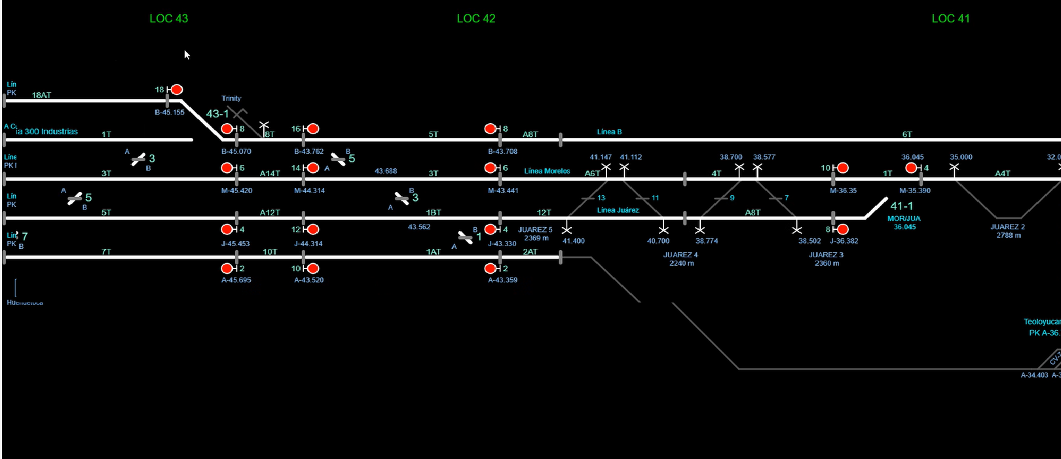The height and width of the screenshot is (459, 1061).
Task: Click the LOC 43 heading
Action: pos(168,18)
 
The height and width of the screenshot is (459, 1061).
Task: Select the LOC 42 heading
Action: pos(476,18)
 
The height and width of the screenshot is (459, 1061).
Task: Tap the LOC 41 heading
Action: pos(950,18)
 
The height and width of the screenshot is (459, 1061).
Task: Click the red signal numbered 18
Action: pos(177,90)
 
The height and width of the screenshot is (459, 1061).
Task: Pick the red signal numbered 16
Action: pos(313,129)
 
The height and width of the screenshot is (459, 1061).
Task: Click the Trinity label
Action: pos(231,98)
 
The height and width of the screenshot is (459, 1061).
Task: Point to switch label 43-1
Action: pos(217,114)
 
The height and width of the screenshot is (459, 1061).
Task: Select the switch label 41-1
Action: pos(901,206)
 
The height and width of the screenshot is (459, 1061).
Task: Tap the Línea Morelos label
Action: pos(547,171)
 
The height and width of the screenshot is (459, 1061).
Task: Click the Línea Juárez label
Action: pos(618,210)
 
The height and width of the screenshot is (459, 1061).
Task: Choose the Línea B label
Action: pos(609,132)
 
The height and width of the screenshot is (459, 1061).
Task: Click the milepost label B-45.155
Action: pos(170,113)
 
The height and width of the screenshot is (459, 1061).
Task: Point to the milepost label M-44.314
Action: pos(309,191)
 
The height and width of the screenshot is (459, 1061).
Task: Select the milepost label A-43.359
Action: pos(502,280)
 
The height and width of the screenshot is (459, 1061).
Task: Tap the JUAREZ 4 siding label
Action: pos(681,255)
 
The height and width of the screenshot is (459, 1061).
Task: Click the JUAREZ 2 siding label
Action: pos(1007,227)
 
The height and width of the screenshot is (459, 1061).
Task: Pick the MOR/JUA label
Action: pos(904,218)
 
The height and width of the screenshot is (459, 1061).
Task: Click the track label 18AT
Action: pos(41,95)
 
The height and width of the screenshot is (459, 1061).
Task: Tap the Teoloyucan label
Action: pos(1041,321)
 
